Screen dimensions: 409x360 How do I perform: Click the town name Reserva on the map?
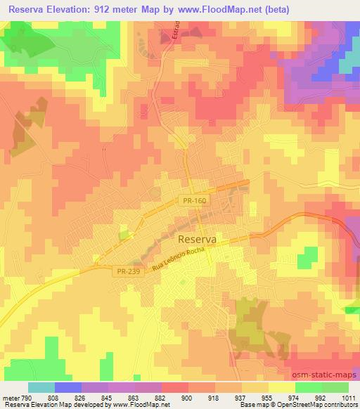tap(193, 240)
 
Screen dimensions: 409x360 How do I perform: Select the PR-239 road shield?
tap(127, 270)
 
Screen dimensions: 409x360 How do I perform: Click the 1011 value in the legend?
tap(348, 397)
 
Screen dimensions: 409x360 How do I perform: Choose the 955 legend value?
tap(268, 397)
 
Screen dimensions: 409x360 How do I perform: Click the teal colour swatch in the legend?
tap(41, 387)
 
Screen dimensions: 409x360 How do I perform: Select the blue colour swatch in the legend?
tap(68, 387)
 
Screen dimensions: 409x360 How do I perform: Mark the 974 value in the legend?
tap(295, 397)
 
